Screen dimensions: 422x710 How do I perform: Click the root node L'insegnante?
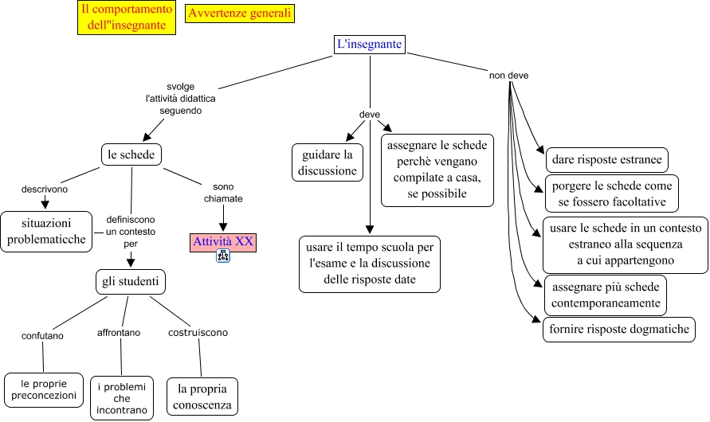point(370,45)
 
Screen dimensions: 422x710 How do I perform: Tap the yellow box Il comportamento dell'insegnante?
point(127,18)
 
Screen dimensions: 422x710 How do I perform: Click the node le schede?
point(131,154)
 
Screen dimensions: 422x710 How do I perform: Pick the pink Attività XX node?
point(223,241)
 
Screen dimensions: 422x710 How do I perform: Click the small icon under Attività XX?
point(223,256)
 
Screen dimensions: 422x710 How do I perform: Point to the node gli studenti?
point(130,282)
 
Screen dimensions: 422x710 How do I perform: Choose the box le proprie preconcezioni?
point(44,389)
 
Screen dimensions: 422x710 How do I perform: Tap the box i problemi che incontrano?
point(121,399)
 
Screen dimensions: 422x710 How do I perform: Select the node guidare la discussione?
point(326,162)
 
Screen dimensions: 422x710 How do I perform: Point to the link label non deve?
point(508,76)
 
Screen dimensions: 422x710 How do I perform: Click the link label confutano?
point(42,335)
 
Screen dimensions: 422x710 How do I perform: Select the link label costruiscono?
point(198,332)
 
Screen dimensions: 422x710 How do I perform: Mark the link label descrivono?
point(45,190)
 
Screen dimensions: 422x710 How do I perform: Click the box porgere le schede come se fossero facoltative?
point(611,193)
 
